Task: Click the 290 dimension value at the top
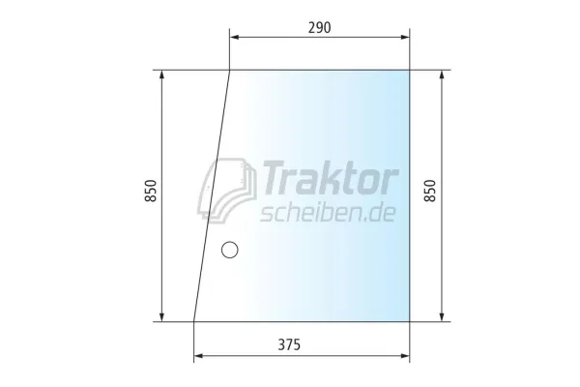pyautogui.click(x=319, y=28)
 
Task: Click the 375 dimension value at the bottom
pyautogui.click(x=303, y=344)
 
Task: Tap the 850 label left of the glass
pyautogui.click(x=150, y=194)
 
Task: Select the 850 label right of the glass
pyautogui.click(x=430, y=194)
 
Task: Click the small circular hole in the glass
pyautogui.click(x=229, y=251)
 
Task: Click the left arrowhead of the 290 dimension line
pyautogui.click(x=233, y=39)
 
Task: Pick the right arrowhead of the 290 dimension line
pyautogui.click(x=406, y=39)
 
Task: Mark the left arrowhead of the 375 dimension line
pyautogui.click(x=197, y=356)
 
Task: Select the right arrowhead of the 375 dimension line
pyautogui.click(x=406, y=356)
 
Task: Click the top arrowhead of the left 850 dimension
pyautogui.click(x=162, y=74)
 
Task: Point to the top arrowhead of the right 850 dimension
pyautogui.click(x=443, y=74)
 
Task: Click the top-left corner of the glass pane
pyautogui.click(x=230, y=70)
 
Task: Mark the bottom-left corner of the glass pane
pyautogui.click(x=194, y=320)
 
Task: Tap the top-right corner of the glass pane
pyautogui.click(x=410, y=70)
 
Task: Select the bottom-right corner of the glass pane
pyautogui.click(x=410, y=320)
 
